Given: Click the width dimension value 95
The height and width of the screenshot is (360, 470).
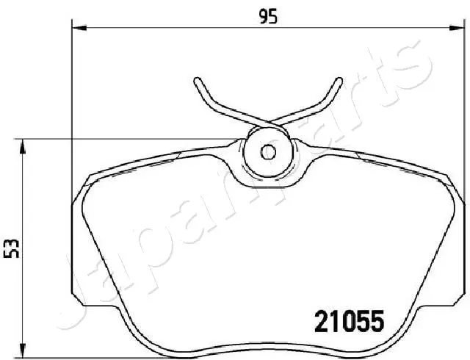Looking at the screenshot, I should coord(268,16).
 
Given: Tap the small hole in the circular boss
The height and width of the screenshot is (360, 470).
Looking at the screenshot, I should coord(268,153).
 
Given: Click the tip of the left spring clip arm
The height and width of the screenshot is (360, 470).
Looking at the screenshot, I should coord(197,79).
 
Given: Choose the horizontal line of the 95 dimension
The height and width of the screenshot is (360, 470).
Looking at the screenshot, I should coord(184,29).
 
